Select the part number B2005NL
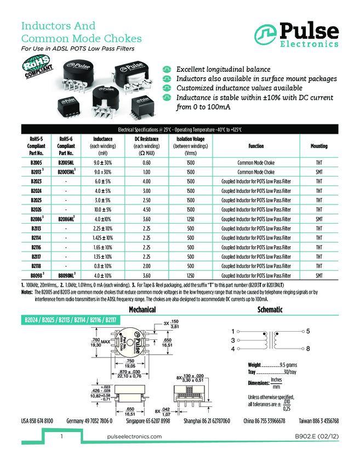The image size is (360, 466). (66, 163)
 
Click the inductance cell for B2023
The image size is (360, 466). (103, 181)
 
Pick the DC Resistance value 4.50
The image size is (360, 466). (146, 209)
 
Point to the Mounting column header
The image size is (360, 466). (319, 146)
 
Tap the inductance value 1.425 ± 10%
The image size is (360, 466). (103, 237)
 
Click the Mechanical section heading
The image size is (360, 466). (142, 310)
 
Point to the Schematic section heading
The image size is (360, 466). (270, 310)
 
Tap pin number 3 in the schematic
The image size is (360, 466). (233, 340)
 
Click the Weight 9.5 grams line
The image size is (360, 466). (268, 365)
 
